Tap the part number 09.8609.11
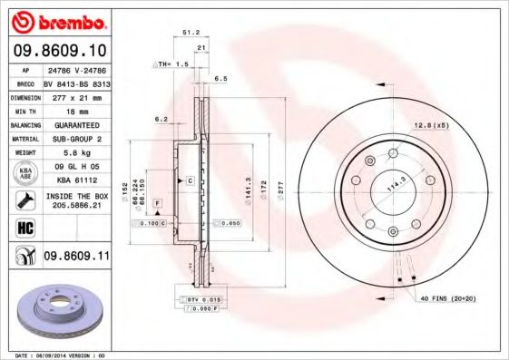[76, 258]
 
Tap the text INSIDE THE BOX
[76, 196]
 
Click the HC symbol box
[24, 228]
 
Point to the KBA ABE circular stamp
[24, 171]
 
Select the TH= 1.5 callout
[171, 64]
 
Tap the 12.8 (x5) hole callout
[432, 124]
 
